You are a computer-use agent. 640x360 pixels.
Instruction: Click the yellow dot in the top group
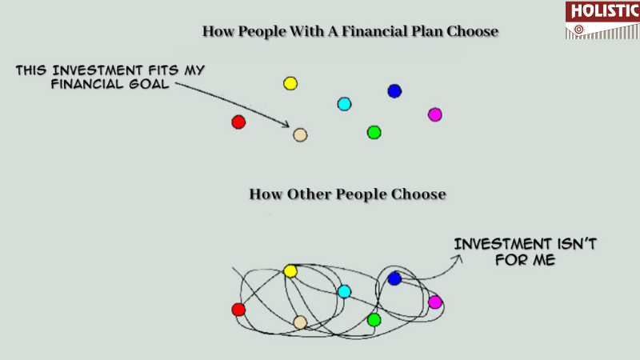tap(290, 84)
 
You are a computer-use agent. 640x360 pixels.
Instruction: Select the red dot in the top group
tap(238, 122)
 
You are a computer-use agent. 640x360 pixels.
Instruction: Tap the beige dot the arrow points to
tap(300, 135)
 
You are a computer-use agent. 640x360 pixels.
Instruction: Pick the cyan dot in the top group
tap(344, 104)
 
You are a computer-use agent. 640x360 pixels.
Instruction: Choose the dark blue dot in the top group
tap(394, 91)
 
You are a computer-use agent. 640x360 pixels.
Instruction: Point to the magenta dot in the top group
tap(434, 114)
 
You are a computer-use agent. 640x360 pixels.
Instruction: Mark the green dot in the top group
tap(374, 133)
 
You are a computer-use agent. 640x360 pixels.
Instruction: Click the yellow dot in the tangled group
tap(290, 271)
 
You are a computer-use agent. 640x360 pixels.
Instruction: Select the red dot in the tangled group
tap(238, 310)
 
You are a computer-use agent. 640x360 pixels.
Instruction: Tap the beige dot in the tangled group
tap(300, 322)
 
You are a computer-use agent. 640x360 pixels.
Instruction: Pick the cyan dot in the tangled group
tap(344, 291)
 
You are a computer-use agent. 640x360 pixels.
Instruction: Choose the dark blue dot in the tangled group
tap(394, 278)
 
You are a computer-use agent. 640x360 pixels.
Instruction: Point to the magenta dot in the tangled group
tap(434, 302)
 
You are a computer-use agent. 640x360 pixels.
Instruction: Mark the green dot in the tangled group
tap(374, 320)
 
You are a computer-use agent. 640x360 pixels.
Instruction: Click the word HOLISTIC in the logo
tap(605, 11)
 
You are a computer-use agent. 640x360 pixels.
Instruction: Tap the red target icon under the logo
tap(578, 30)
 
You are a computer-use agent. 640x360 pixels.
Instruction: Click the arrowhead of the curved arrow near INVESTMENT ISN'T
tap(458, 258)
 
